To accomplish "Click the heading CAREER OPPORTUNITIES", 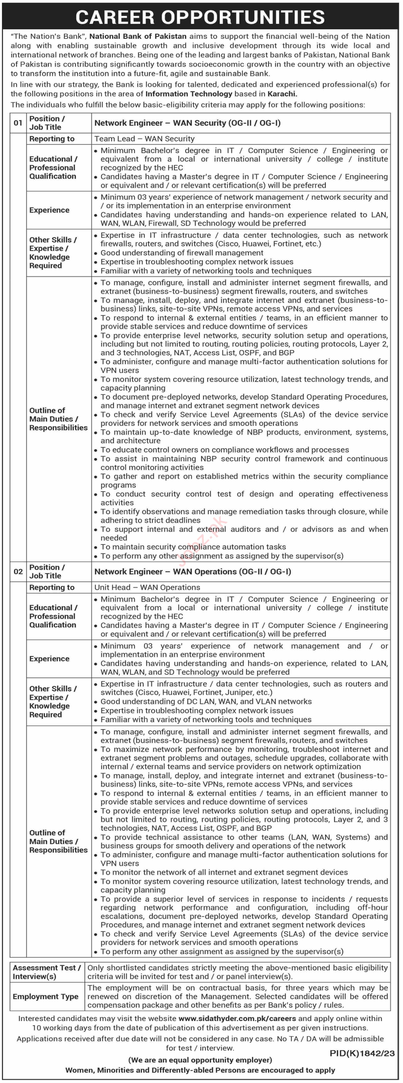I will [x=201, y=17].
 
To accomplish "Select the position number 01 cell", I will [x=18, y=123].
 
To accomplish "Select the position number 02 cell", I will [x=18, y=571].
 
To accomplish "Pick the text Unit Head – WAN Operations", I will [x=147, y=587].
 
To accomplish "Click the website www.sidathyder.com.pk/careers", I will [x=237, y=1018].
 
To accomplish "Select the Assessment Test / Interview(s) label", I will [x=47, y=972].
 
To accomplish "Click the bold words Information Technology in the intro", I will [x=189, y=94].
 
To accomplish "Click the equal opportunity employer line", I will [x=200, y=1060].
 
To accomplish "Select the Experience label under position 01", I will [x=49, y=210].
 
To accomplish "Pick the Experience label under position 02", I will [x=49, y=658].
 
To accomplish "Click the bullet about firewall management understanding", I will [x=182, y=253].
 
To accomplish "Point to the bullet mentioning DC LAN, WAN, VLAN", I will [x=206, y=701].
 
